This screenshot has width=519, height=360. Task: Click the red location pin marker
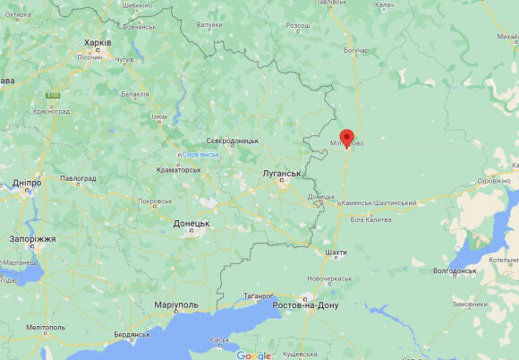(347, 139)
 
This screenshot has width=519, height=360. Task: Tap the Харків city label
(98, 42)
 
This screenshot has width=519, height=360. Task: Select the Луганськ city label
(281, 173)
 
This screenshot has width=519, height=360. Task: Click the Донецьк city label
(191, 223)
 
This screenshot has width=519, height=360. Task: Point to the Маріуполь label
(176, 305)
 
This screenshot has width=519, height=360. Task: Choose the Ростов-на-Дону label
(305, 305)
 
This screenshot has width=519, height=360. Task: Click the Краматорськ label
(179, 169)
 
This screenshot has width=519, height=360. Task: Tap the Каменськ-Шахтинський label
(379, 203)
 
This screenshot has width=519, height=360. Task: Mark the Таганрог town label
(259, 296)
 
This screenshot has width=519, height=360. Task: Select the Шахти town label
(336, 253)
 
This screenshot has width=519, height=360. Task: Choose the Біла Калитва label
(371, 219)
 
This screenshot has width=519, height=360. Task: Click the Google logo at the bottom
(253, 355)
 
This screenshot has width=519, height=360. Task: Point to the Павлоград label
(78, 178)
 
